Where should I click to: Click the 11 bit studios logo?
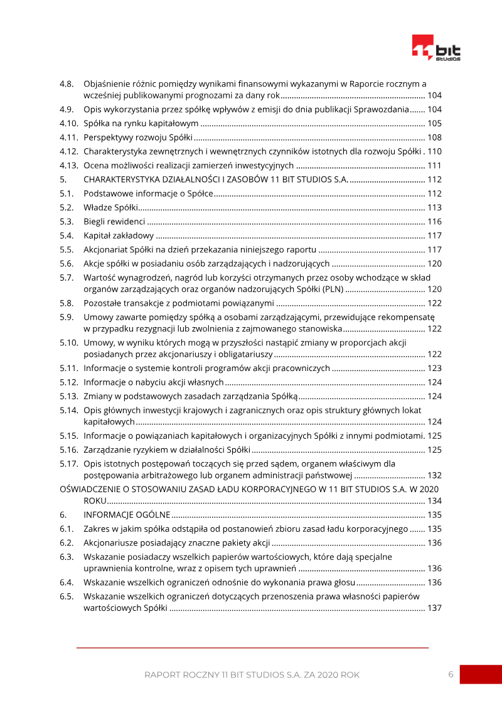point(436,48)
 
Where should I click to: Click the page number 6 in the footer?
point(451,674)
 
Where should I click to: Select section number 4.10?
point(68,123)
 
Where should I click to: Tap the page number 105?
point(434,123)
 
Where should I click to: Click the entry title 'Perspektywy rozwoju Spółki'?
point(137,137)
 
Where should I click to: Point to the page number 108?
point(434,137)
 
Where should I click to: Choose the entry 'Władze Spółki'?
point(110,208)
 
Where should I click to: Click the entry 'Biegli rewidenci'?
point(114,222)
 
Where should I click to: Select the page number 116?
point(434,222)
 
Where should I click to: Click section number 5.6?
point(67,264)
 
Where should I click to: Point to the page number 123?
point(434,368)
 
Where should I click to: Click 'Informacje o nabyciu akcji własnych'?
point(154,382)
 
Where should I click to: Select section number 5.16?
point(68,449)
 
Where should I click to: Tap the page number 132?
point(434,475)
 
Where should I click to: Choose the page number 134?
point(434,501)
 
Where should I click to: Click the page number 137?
point(434,608)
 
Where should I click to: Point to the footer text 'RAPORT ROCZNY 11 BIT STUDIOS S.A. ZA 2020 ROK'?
point(252,675)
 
